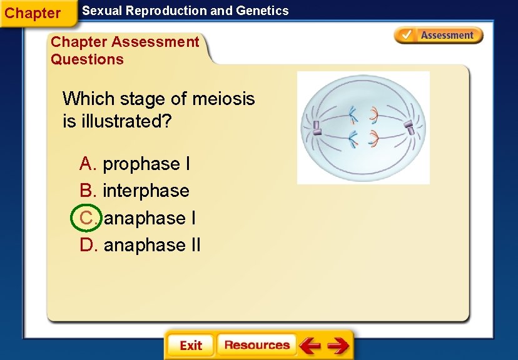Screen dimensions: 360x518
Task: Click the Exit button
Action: tap(190, 346)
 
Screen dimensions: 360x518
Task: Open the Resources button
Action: tap(256, 345)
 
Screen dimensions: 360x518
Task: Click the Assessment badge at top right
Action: tap(439, 36)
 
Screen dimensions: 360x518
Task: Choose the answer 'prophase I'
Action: tap(146, 164)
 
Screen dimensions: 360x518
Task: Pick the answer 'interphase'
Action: tap(146, 191)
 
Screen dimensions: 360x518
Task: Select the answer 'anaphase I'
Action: tap(150, 218)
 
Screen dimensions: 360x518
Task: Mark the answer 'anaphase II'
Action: tap(152, 245)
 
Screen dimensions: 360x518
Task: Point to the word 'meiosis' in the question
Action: tap(223, 99)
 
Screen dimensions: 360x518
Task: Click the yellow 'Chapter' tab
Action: tap(33, 13)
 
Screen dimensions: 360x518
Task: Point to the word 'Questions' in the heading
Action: tap(87, 59)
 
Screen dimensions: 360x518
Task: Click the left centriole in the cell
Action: tap(316, 127)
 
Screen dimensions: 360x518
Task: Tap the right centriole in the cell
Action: tap(410, 127)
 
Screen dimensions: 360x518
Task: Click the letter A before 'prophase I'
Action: tap(87, 164)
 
